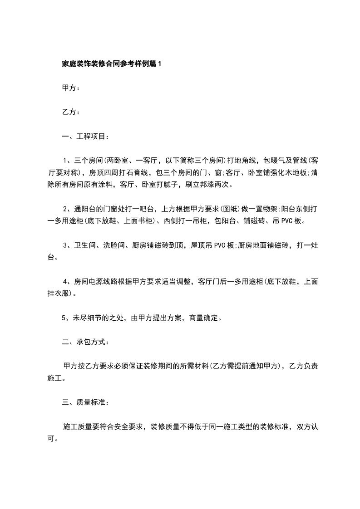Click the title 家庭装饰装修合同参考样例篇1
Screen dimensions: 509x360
click(x=111, y=64)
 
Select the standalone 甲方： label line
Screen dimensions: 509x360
click(x=71, y=88)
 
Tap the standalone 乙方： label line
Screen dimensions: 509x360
click(x=71, y=112)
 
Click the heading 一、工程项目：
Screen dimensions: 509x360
click(x=85, y=136)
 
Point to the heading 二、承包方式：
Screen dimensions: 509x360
click(x=85, y=342)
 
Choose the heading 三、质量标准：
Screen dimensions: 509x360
click(x=85, y=402)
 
